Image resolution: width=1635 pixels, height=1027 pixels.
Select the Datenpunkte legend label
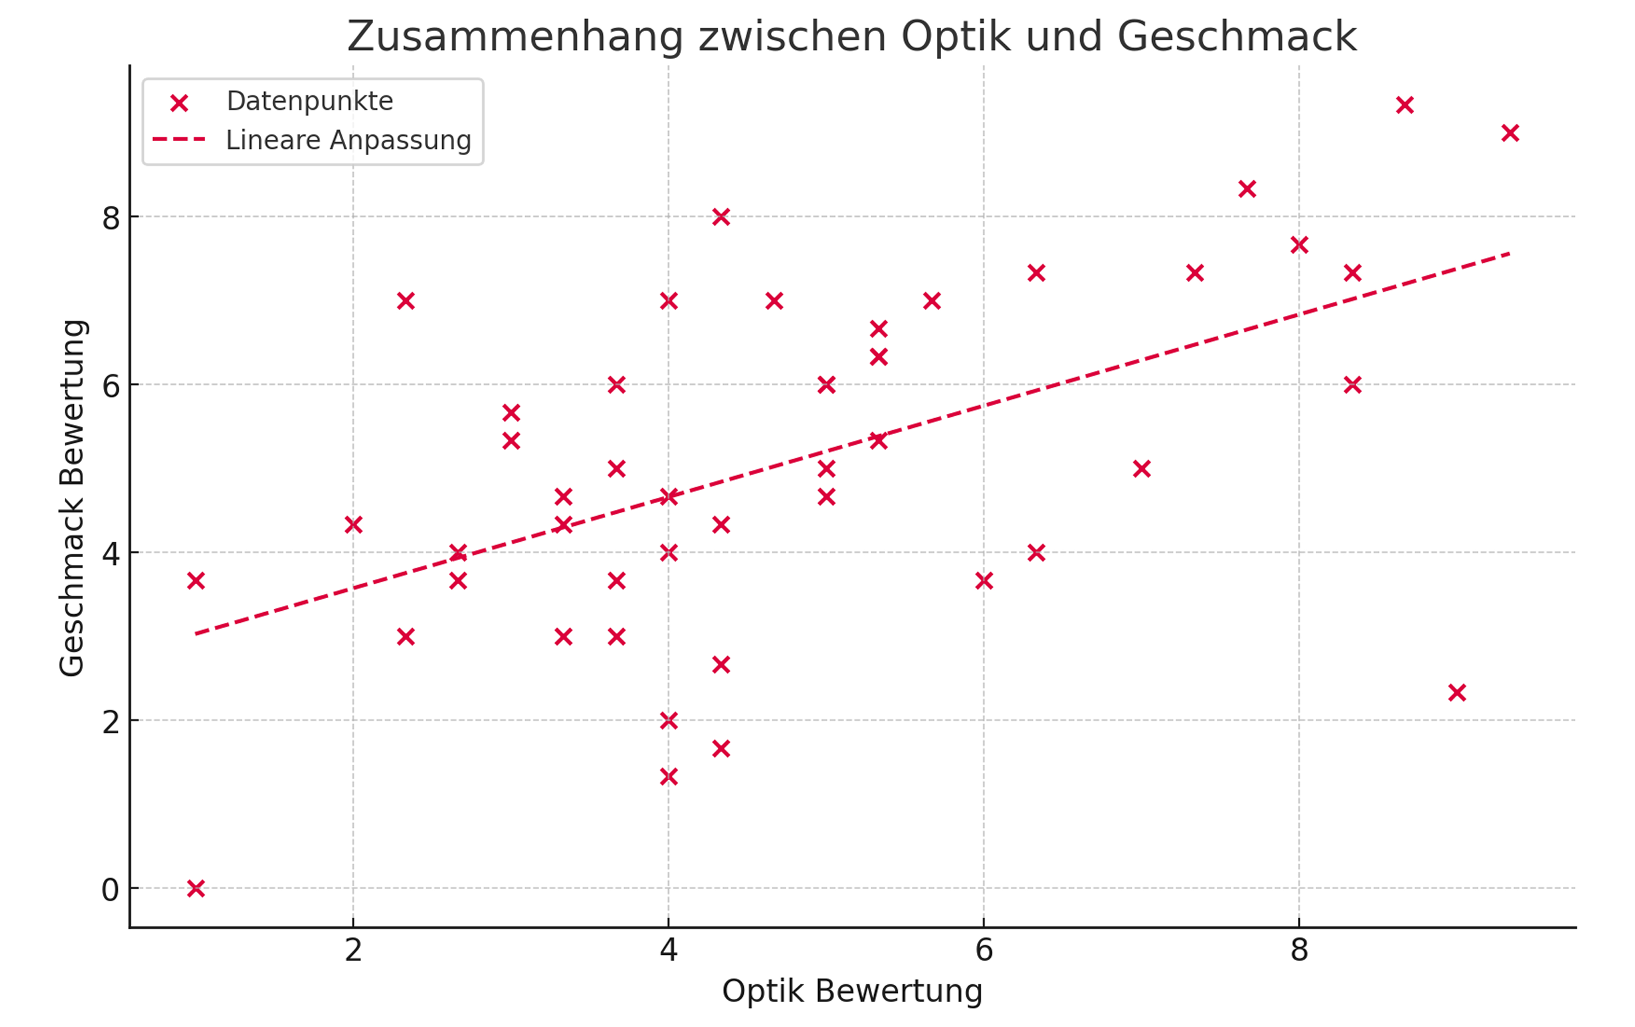coord(310,101)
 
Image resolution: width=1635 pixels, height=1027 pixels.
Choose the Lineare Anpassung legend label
coord(348,140)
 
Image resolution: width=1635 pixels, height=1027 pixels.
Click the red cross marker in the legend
coord(178,103)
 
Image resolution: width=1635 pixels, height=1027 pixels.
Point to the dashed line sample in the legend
coord(178,140)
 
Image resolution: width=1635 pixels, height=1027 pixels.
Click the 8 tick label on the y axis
coord(111,219)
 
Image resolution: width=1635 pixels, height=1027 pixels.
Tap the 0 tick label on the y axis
coord(110,890)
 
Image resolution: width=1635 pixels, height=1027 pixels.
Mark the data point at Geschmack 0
coord(196,888)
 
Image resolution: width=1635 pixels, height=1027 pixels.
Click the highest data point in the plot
coord(1405,105)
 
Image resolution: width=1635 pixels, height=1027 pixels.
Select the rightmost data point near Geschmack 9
coord(1510,133)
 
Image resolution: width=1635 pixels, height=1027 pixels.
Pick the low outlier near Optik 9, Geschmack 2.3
coord(1457,693)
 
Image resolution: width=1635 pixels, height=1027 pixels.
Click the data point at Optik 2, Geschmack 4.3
coord(353,525)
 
